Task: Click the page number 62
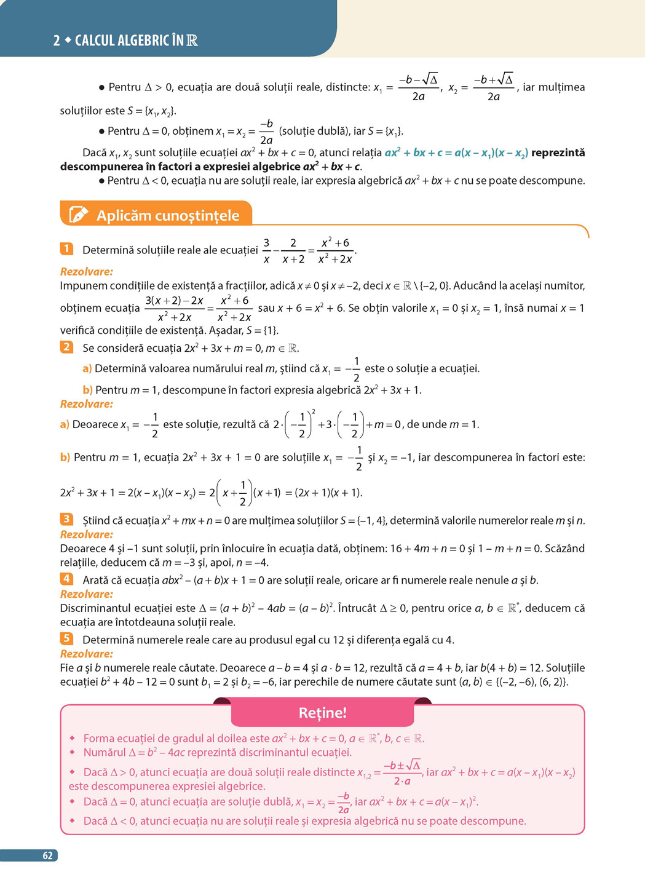pos(47,855)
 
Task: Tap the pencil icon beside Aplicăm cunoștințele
pos(78,214)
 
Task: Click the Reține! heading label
pos(322,713)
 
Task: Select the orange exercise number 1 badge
pos(66,249)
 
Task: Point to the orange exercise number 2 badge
pos(66,347)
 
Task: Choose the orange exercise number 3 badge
pos(66,519)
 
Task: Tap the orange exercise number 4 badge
pos(66,579)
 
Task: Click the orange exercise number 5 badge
pos(66,638)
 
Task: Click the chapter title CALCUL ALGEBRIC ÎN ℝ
pos(135,41)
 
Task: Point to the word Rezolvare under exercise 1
pos(87,271)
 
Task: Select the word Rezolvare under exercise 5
pos(87,654)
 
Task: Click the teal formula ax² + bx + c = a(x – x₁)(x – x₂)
pos(456,153)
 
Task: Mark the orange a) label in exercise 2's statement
pos(87,369)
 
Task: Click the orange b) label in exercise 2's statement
pos(87,390)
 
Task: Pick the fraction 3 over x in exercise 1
pos(266,250)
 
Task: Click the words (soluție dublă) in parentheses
pos(312,131)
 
